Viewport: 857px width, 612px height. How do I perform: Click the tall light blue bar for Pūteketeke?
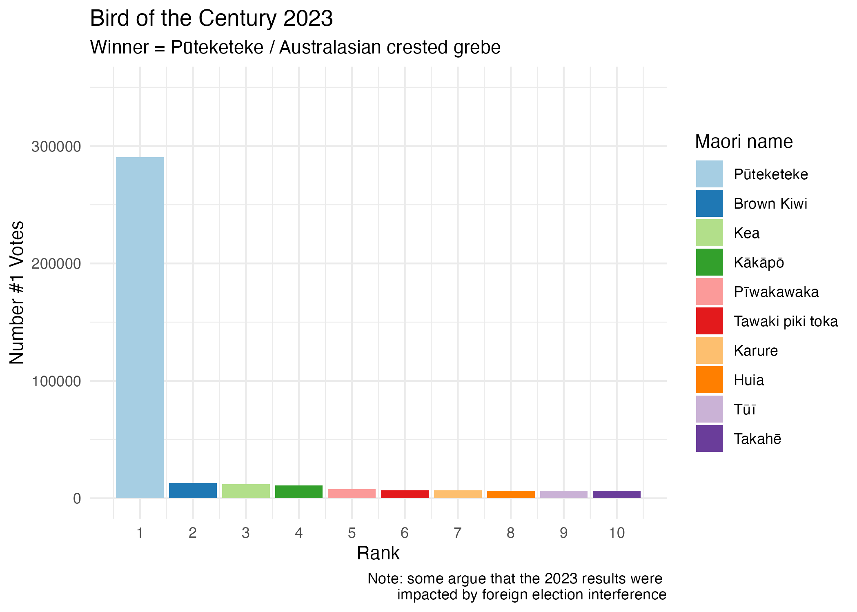(x=140, y=327)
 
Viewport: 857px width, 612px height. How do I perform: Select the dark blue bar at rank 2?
(x=193, y=490)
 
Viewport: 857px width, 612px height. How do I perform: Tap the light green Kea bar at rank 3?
(x=246, y=491)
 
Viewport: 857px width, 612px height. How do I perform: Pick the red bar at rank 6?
(x=405, y=494)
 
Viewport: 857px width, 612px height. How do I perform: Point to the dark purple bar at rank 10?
(x=617, y=494)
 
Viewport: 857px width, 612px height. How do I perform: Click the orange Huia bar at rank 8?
(x=511, y=494)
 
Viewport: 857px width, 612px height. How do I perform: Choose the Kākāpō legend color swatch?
(x=709, y=262)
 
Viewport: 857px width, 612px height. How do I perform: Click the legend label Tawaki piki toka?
(x=786, y=321)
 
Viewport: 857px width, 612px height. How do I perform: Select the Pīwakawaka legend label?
(x=776, y=292)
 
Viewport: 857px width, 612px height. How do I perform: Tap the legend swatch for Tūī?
(x=709, y=409)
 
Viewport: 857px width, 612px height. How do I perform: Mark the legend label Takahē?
(x=757, y=439)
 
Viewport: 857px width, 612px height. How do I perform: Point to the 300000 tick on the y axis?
(x=56, y=147)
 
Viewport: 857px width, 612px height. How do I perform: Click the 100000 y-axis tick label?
(x=56, y=381)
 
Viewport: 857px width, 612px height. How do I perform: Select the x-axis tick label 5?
(x=352, y=533)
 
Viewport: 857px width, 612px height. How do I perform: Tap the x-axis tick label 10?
(x=617, y=533)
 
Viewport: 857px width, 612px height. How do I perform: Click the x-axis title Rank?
(x=378, y=553)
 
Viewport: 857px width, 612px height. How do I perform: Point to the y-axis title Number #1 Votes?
(x=17, y=292)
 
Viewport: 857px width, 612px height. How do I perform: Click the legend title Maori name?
(x=743, y=142)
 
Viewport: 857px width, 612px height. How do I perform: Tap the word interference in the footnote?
(x=627, y=594)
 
